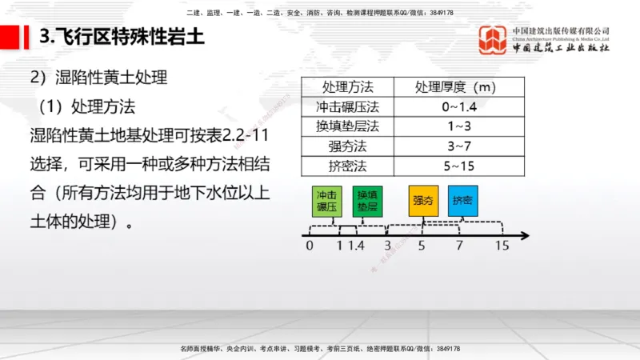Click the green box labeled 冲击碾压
coord(326,201)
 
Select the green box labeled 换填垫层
coord(368,201)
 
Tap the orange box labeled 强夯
coord(422,201)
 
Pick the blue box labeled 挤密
coord(462,201)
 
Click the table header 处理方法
coord(347,86)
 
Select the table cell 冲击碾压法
coord(347,106)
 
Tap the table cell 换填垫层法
coord(347,126)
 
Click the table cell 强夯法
coord(347,146)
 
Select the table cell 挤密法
coord(347,166)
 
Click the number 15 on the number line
coord(502,246)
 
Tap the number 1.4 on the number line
coord(356,246)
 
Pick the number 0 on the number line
coord(310,246)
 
